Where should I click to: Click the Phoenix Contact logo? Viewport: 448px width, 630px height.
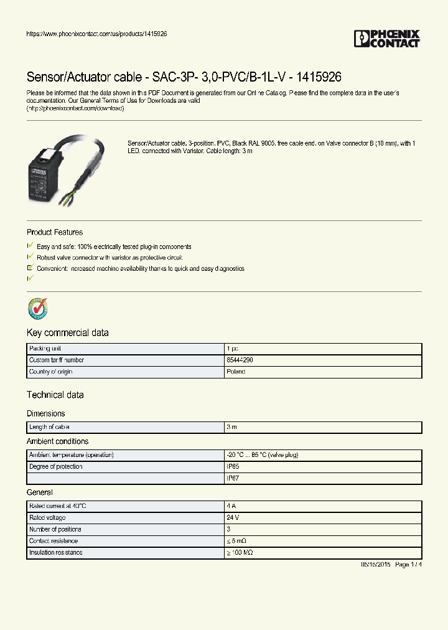click(x=387, y=39)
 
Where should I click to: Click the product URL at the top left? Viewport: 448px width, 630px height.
click(x=96, y=34)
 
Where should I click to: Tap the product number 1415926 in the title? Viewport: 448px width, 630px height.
click(x=319, y=77)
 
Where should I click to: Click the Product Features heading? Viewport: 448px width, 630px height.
click(x=55, y=232)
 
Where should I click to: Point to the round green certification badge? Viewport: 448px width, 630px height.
click(x=37, y=308)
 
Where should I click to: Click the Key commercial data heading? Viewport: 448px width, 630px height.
click(x=68, y=333)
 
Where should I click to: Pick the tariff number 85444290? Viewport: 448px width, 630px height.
click(x=240, y=360)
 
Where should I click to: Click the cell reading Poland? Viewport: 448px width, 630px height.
click(x=236, y=372)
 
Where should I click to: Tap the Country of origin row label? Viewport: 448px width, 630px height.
click(x=50, y=372)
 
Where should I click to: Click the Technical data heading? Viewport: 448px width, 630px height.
click(x=55, y=395)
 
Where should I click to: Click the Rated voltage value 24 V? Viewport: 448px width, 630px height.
click(x=233, y=518)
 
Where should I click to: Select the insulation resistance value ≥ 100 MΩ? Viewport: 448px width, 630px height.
click(x=240, y=553)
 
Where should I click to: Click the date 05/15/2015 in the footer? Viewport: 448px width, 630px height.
click(x=375, y=565)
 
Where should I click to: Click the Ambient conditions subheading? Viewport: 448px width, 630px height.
click(x=58, y=441)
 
